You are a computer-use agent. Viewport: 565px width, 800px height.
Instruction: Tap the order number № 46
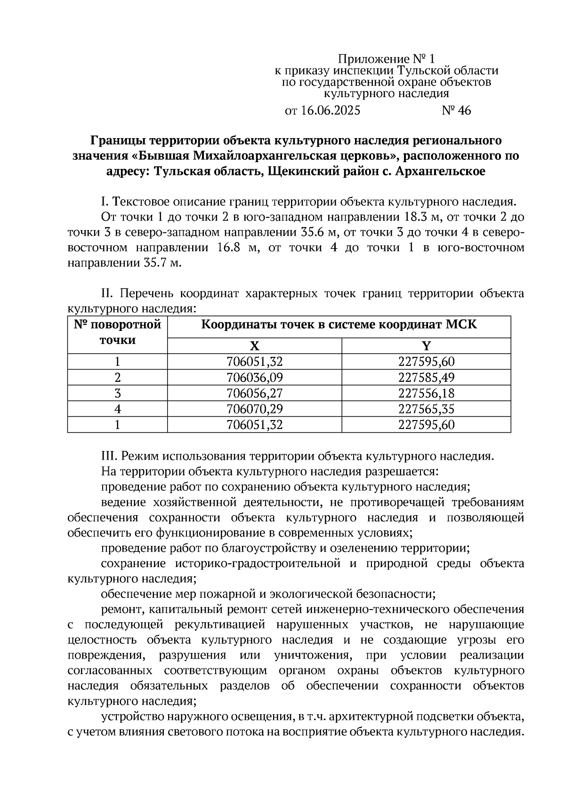coord(456,111)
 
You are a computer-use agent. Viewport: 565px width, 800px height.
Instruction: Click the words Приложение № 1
coord(387,59)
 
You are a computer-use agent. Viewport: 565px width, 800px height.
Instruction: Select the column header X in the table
coord(254,346)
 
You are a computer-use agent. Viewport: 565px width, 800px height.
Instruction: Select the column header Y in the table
coord(426,346)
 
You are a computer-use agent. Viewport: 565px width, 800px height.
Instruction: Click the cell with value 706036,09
coord(254,378)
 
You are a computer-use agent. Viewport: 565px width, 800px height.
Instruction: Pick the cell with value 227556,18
coord(426,393)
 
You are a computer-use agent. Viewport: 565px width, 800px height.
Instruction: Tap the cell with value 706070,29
coord(254,409)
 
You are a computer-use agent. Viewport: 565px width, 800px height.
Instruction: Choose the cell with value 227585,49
coord(426,378)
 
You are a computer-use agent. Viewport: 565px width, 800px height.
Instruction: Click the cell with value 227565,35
coord(426,409)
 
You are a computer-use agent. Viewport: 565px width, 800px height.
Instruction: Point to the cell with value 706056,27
coord(254,393)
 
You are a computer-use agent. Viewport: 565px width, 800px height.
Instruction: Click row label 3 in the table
coord(117,393)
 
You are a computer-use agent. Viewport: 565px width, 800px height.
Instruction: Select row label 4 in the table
coord(117,409)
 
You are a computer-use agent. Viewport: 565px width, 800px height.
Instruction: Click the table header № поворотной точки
coord(117,332)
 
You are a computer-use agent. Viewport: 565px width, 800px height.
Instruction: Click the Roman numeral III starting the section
coord(108,456)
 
